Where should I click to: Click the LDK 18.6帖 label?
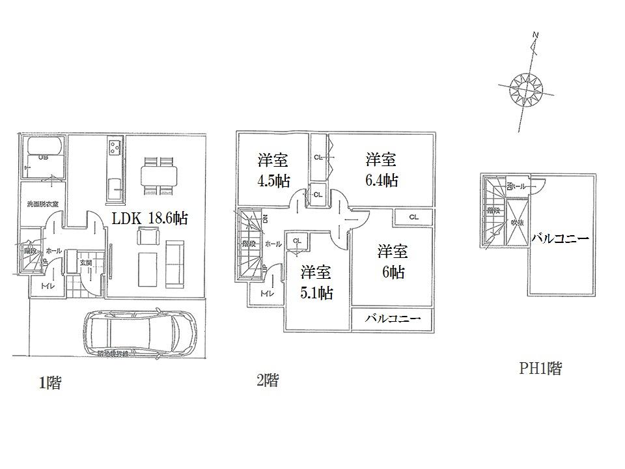pyautogui.click(x=150, y=219)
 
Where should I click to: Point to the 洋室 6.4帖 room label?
pyautogui.click(x=381, y=169)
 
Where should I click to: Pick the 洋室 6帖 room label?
pyautogui.click(x=393, y=261)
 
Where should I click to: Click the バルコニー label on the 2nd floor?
pyautogui.click(x=389, y=318)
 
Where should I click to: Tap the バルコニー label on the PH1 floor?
pyautogui.click(x=560, y=239)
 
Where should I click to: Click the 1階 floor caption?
pyautogui.click(x=49, y=383)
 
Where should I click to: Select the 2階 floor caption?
pyautogui.click(x=267, y=380)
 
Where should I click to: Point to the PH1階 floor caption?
pyautogui.click(x=540, y=369)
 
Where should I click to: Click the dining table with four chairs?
pyautogui.click(x=158, y=175)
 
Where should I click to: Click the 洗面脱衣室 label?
pyautogui.click(x=42, y=204)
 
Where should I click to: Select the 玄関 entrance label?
pyautogui.click(x=85, y=262)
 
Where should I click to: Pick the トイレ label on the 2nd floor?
pyautogui.click(x=266, y=294)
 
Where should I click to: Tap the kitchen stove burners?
pyautogui.click(x=115, y=147)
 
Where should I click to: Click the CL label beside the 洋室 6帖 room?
pyautogui.click(x=413, y=217)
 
